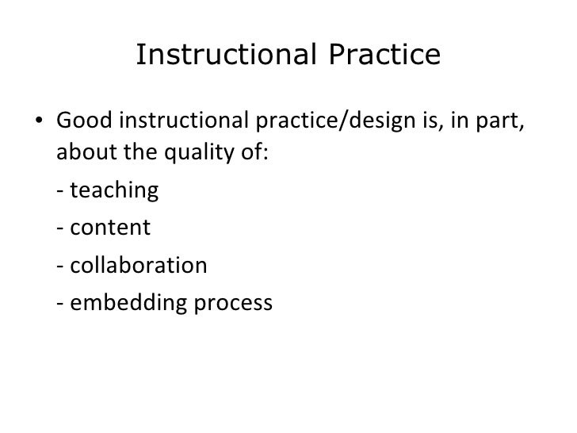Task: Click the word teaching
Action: (x=115, y=192)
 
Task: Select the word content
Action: (x=110, y=229)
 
